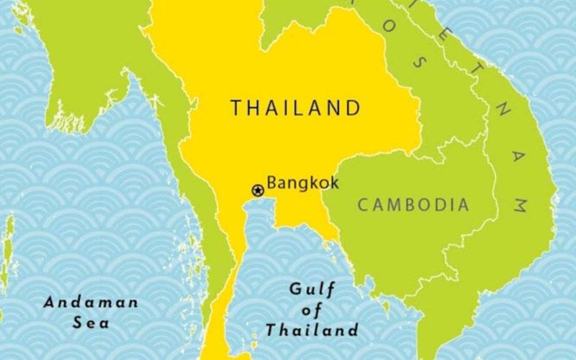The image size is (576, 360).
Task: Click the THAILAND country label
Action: click(x=294, y=109)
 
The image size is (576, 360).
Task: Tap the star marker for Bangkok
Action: click(x=257, y=190)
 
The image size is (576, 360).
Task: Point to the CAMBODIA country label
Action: click(x=413, y=205)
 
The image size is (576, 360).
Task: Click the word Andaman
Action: click(x=91, y=302)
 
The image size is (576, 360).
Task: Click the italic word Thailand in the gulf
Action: click(x=312, y=331)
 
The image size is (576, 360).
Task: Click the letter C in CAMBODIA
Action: click(x=363, y=205)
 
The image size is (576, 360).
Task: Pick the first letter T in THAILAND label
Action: click(x=235, y=109)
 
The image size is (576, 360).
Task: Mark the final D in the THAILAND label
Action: click(x=352, y=109)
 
